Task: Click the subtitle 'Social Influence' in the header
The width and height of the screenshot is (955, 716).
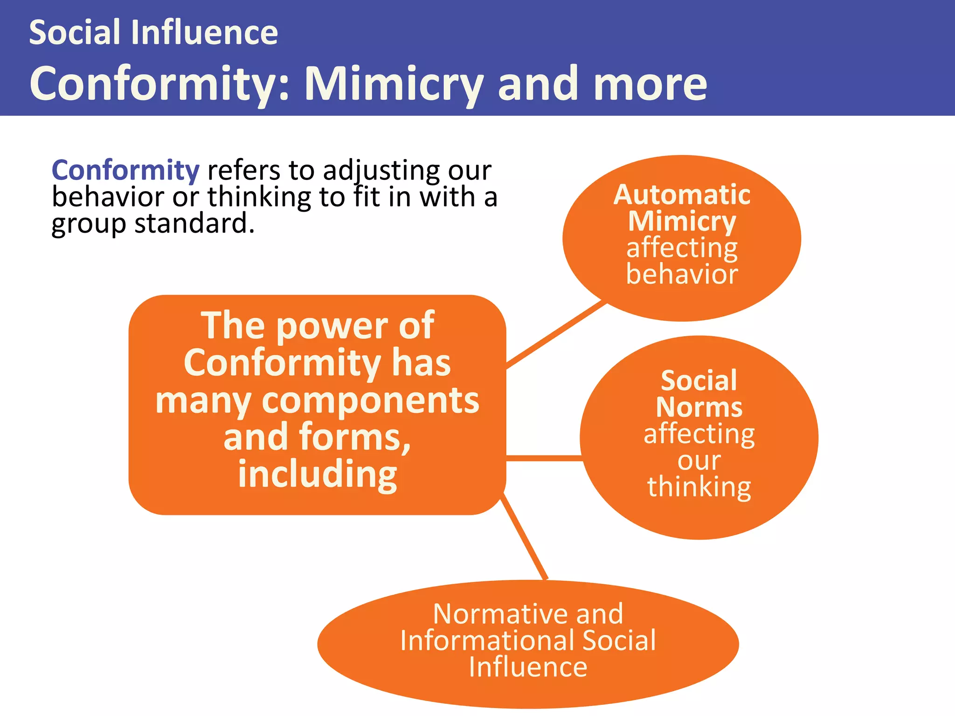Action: [x=153, y=33]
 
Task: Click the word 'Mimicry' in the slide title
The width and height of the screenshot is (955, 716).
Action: [x=393, y=84]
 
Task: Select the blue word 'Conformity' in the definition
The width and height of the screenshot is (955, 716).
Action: [x=125, y=170]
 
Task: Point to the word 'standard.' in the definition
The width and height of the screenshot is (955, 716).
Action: [x=194, y=224]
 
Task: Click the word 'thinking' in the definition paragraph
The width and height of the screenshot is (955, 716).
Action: [x=259, y=197]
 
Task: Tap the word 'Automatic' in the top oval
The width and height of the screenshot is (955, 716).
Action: [x=682, y=194]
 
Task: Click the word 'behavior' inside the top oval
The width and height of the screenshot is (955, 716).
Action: [x=682, y=274]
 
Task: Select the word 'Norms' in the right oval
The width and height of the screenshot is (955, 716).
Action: [x=699, y=407]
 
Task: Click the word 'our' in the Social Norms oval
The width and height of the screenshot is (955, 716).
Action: [x=699, y=461]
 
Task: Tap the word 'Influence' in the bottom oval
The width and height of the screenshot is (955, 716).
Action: [x=528, y=667]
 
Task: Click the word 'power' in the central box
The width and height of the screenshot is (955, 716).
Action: [x=332, y=326]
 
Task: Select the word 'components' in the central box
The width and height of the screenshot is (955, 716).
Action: [x=370, y=401]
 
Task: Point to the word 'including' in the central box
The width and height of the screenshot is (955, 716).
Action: [x=318, y=475]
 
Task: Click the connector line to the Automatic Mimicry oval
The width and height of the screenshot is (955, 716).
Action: [x=556, y=334]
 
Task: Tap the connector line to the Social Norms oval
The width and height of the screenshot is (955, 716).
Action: [x=544, y=458]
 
